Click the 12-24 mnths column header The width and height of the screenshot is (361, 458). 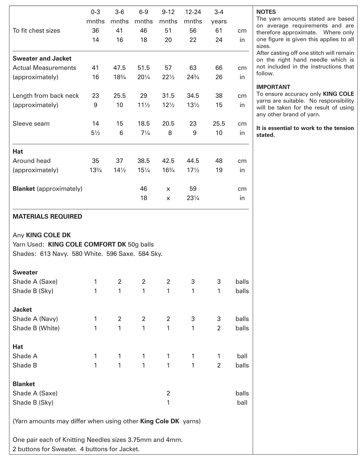[x=193, y=16]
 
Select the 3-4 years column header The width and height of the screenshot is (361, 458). [x=219, y=16]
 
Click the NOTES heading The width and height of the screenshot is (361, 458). [x=266, y=12]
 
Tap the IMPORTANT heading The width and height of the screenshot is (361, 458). [x=273, y=87]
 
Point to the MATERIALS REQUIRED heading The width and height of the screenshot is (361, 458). [x=47, y=216]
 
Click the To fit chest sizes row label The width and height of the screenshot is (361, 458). [x=36, y=31]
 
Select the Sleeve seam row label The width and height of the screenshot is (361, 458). [x=31, y=123]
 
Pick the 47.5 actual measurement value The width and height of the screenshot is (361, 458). [x=119, y=68]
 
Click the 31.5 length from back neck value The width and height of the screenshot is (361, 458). [x=168, y=96]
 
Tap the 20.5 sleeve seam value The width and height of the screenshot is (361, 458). [x=168, y=123]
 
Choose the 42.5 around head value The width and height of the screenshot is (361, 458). [x=168, y=161]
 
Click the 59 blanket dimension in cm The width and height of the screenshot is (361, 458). [x=193, y=189]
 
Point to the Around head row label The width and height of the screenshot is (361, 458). [x=31, y=161]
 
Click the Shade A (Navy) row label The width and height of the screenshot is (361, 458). [x=35, y=319]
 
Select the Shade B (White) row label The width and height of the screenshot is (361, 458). [x=36, y=328]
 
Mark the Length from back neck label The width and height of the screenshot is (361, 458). [x=46, y=96]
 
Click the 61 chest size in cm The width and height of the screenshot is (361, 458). [x=219, y=31]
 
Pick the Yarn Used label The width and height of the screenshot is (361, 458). [x=28, y=244]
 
